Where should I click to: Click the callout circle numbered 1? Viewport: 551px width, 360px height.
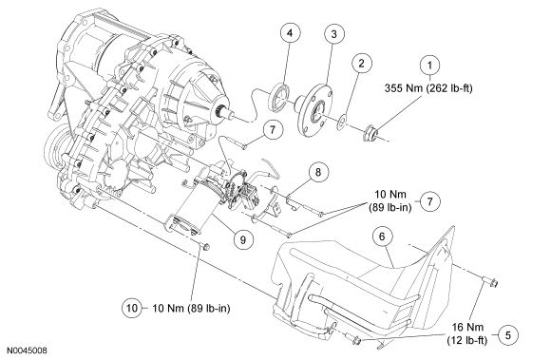[429, 65]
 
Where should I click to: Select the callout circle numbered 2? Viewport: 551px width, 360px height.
[361, 64]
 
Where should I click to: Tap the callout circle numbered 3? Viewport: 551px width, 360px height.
[333, 33]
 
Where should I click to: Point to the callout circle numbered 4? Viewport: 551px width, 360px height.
[290, 33]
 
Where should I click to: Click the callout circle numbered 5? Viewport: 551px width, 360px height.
[508, 334]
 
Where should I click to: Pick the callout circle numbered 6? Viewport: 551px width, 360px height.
[382, 237]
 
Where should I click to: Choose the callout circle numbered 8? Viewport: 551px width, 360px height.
[318, 172]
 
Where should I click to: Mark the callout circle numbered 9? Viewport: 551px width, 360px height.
[243, 240]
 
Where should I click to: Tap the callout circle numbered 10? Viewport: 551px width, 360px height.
[132, 308]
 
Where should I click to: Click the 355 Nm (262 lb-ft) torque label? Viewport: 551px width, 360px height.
[428, 87]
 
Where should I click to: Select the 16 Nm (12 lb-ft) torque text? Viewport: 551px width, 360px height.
[467, 333]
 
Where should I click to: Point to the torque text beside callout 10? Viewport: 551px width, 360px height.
[191, 309]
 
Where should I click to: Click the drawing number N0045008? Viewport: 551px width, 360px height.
[28, 351]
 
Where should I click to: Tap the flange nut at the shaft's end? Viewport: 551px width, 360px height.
[371, 134]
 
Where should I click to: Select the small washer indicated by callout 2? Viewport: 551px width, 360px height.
[342, 122]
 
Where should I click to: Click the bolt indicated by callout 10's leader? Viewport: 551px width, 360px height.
[204, 247]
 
